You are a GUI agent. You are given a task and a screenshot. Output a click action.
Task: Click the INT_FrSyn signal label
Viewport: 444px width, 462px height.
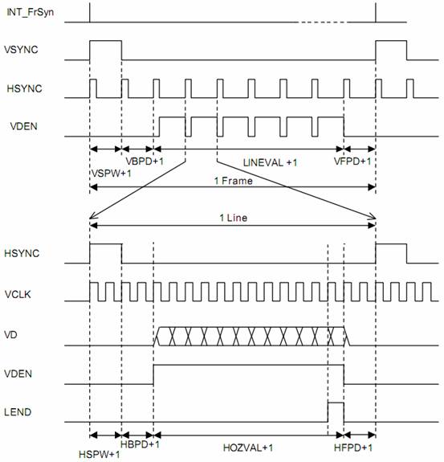30,12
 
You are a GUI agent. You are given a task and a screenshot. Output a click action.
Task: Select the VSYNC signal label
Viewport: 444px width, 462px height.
21,50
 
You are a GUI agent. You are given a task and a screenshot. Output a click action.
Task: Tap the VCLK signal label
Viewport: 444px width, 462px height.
18,294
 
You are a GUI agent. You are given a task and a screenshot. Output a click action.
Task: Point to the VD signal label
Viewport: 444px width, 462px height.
10,335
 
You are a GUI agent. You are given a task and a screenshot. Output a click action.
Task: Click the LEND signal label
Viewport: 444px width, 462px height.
18,412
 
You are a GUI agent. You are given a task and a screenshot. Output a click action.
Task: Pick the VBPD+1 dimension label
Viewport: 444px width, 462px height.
145,161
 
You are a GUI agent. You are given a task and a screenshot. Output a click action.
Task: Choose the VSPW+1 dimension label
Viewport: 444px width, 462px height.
112,174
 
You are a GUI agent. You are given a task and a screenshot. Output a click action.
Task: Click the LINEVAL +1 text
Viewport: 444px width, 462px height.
271,162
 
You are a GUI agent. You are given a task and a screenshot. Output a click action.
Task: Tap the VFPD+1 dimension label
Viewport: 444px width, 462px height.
352,161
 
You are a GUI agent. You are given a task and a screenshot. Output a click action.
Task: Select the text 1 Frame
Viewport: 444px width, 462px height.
233,181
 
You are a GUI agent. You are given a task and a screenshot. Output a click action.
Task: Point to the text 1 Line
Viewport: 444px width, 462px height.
233,218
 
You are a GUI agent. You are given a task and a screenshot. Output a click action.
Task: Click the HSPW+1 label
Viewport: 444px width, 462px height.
100,454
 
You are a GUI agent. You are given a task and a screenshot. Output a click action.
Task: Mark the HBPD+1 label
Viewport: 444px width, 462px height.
141,444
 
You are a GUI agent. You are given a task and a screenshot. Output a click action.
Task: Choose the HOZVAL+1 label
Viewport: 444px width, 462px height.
248,448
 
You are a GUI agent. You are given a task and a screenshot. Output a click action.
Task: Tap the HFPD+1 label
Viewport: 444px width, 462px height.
353,448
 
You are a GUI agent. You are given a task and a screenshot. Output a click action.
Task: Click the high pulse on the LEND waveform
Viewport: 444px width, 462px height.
336,403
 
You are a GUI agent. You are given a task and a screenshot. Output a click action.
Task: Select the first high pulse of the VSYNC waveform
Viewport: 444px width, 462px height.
106,41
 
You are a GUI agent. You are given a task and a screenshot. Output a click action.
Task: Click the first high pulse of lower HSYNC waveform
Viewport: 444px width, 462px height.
106,244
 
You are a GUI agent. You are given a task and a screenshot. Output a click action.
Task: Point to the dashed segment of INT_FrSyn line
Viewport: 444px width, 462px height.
321,22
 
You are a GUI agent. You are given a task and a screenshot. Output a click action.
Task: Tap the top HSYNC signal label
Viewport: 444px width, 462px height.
24,88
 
